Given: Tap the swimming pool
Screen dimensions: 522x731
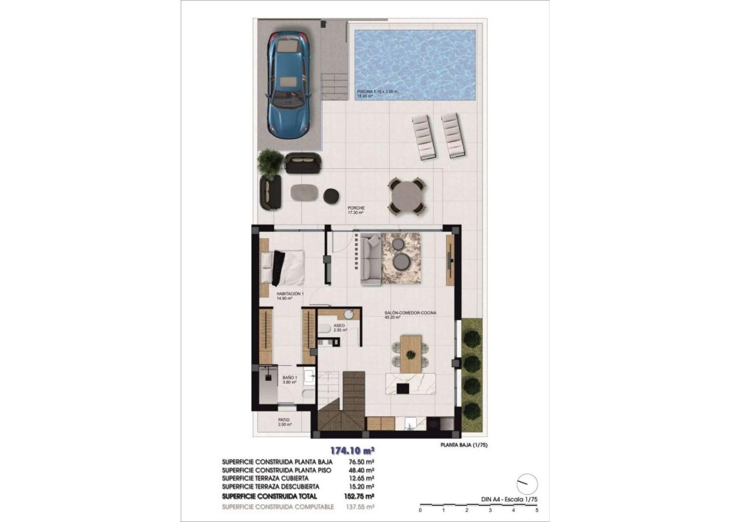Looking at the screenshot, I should [x=415, y=63].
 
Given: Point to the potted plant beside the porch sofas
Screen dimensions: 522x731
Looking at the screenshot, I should [x=271, y=163].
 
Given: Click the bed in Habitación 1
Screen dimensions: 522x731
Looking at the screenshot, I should [x=283, y=267].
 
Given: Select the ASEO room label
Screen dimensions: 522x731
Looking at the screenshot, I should [x=339, y=325].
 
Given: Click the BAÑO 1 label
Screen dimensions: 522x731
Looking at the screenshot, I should [x=289, y=377].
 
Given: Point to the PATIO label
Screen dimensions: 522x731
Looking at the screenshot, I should [x=283, y=420].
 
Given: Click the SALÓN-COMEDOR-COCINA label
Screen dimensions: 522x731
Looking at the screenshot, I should [x=410, y=313].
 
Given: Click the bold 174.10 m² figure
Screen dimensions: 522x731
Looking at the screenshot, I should [x=352, y=451].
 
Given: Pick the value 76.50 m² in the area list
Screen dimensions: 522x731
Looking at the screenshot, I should [x=361, y=462].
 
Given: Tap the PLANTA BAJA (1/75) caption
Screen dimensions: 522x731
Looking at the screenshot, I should [x=463, y=446].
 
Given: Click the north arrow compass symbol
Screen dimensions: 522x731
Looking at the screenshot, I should [x=526, y=484].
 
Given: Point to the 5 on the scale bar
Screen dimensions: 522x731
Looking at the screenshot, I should [x=536, y=511].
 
